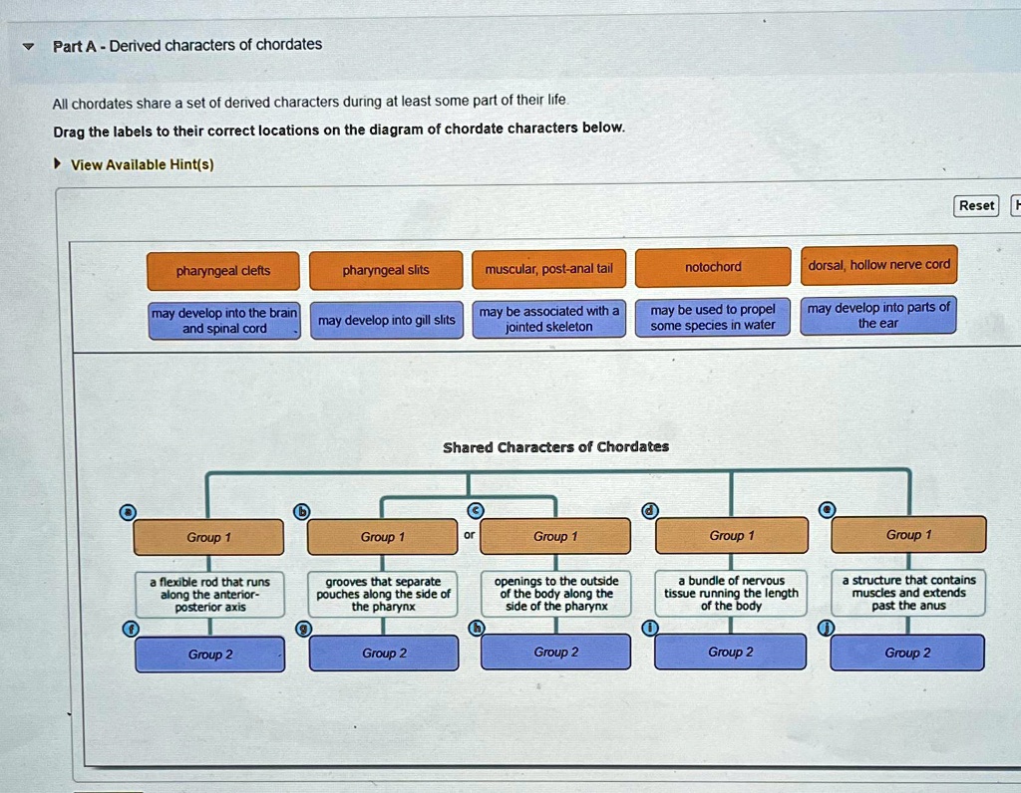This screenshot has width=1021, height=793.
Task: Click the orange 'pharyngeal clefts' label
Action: (223, 270)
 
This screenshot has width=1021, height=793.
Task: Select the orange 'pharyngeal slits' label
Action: (386, 270)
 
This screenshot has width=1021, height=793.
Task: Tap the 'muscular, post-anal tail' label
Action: (548, 268)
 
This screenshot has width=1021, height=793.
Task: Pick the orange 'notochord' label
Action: (713, 266)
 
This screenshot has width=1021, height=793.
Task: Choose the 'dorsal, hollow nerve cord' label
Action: (879, 265)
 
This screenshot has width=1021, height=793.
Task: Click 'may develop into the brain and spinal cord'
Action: (224, 321)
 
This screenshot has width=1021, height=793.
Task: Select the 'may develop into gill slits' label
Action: (386, 320)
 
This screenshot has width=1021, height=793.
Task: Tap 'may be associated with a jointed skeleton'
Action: (548, 319)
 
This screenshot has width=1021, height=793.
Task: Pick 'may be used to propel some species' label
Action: (713, 317)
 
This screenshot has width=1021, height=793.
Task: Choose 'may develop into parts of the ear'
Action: (878, 315)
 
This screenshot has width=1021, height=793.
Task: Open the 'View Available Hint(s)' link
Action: (142, 164)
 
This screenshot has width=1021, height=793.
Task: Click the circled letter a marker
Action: (126, 512)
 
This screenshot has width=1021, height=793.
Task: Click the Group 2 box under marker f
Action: (210, 655)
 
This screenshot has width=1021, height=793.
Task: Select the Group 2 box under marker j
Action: (907, 653)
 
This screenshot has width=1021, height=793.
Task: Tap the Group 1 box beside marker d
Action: (731, 536)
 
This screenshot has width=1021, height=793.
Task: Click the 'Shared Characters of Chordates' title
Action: (555, 446)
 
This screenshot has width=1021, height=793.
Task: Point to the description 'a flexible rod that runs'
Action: (209, 594)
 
